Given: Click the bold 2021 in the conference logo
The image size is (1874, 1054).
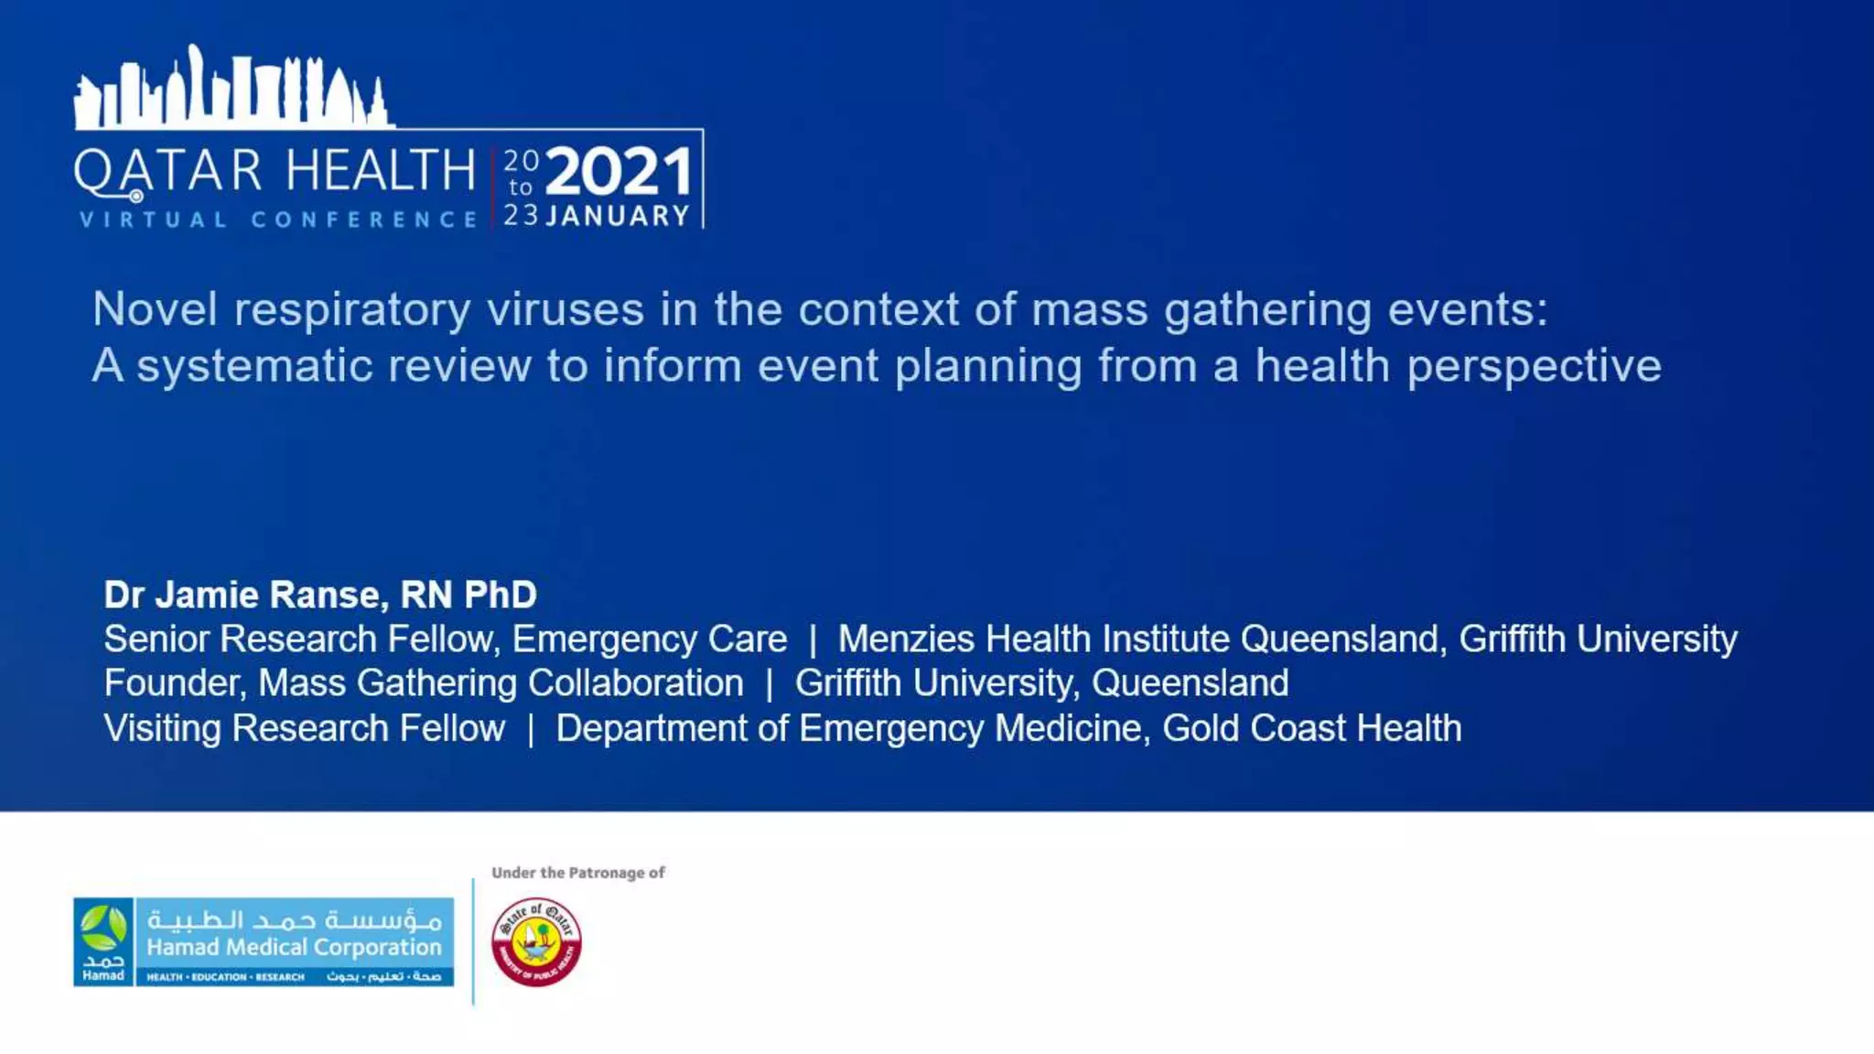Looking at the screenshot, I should point(619,172).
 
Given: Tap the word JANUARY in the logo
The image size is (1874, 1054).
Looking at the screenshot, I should point(618,217).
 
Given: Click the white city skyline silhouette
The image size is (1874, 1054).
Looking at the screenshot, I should point(233,91).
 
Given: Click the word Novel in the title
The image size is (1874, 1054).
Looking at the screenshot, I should point(156,309).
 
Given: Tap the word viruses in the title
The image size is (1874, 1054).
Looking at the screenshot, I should point(565,309).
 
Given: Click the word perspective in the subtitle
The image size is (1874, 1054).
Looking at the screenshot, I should point(1534,366).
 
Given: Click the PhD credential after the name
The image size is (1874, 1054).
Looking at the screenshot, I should point(501,595).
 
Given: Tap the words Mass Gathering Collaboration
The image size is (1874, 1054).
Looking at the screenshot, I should point(501,683).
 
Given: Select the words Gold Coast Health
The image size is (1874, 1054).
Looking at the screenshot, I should point(1311,728).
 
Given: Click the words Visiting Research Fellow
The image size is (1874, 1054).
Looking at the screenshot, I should point(304,728).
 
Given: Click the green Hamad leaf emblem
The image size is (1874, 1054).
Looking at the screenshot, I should point(103,930).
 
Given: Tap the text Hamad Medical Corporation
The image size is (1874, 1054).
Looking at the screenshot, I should point(294,947).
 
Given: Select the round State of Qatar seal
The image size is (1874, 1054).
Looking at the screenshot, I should point(536,942).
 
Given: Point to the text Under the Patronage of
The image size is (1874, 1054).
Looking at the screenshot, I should point(578,873).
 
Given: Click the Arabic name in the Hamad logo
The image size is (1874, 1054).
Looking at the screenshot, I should point(294,920).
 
